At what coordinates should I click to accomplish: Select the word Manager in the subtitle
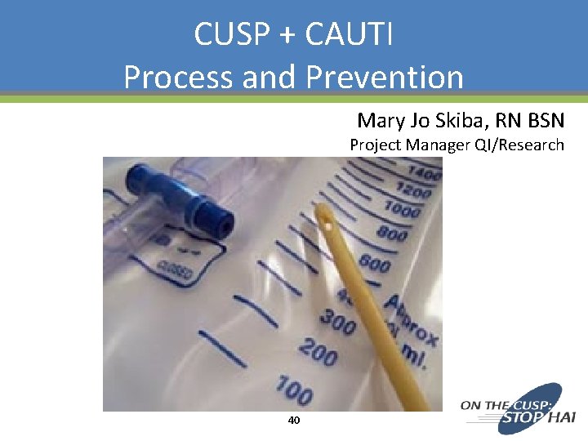[436, 145]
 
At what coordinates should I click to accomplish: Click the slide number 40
[294, 421]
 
